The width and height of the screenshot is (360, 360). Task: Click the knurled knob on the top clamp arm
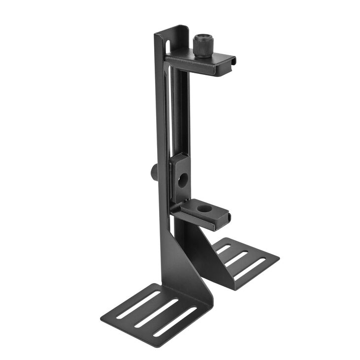pyautogui.click(x=202, y=46)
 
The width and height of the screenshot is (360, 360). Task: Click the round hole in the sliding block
pyautogui.click(x=183, y=180)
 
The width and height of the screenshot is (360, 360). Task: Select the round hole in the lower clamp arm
pyautogui.click(x=202, y=209)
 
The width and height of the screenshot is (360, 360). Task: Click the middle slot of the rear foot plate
pyautogui.click(x=237, y=258)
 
